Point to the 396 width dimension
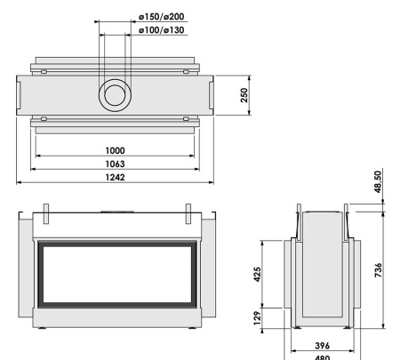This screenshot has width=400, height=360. click(323, 343)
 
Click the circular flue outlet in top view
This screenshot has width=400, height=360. click(115, 93)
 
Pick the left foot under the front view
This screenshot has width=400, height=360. click(44, 335)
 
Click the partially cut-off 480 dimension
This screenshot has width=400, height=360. click(323, 356)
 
